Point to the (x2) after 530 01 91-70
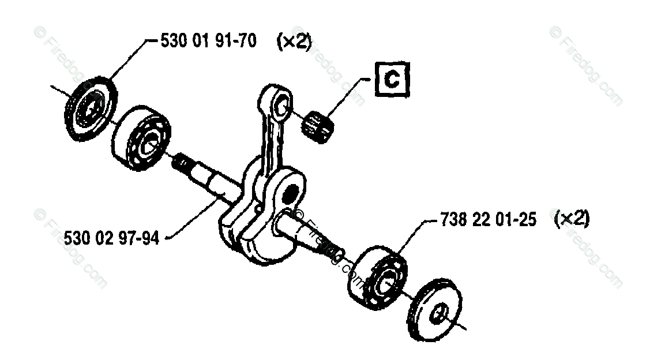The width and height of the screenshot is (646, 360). click(x=294, y=43)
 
